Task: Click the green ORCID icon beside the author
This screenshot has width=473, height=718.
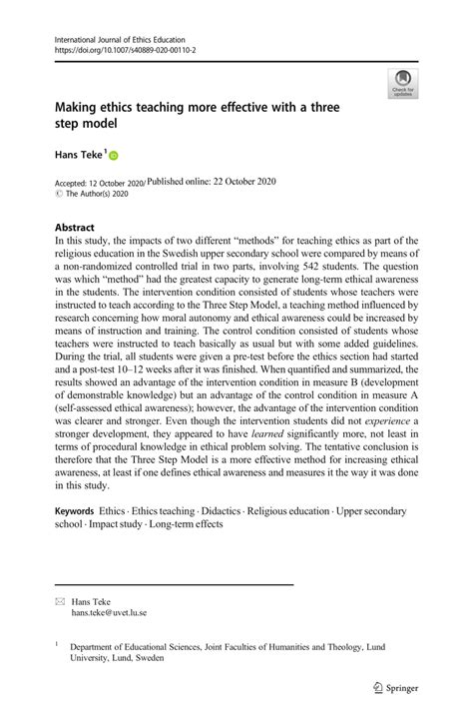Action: tap(112, 156)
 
